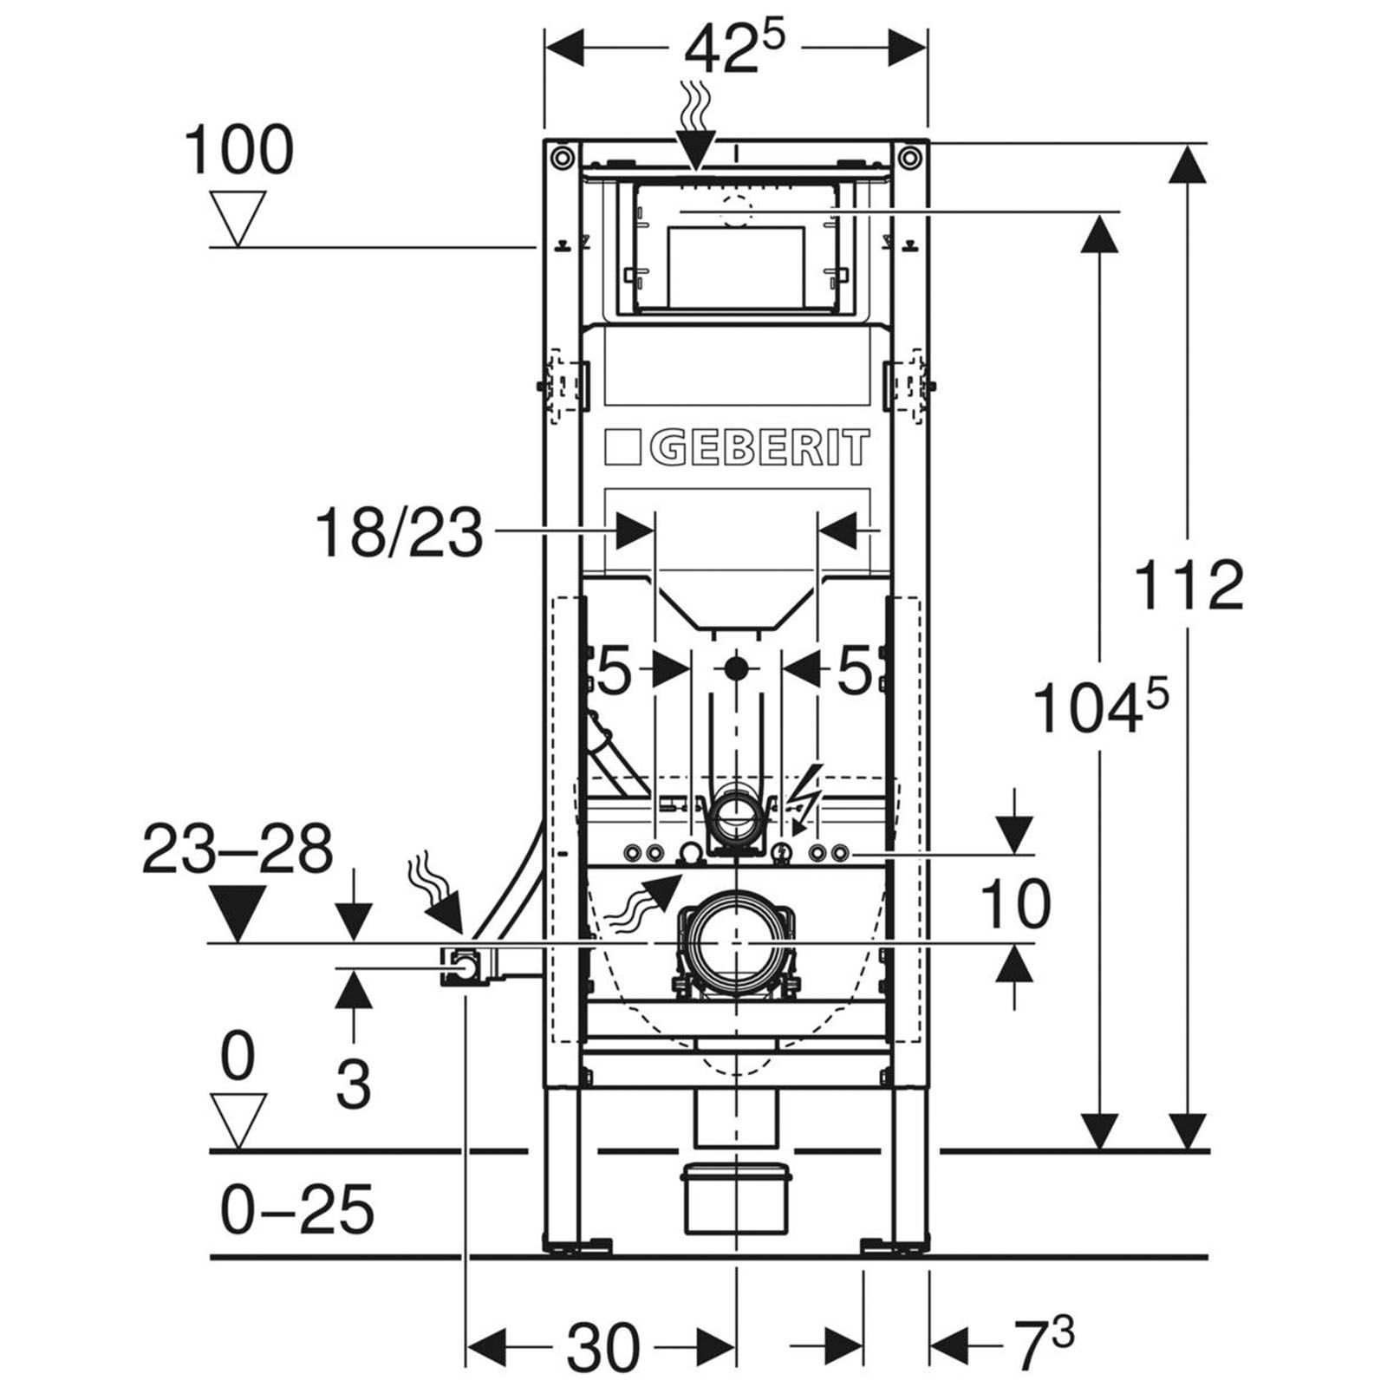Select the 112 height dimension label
click(x=1188, y=585)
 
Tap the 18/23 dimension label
click(x=399, y=533)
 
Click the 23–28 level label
click(x=238, y=849)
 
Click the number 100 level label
click(x=238, y=150)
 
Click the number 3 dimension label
click(x=353, y=1083)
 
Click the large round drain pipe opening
click(x=735, y=941)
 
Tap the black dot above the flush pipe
click(x=735, y=669)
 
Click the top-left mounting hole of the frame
click(x=563, y=157)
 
